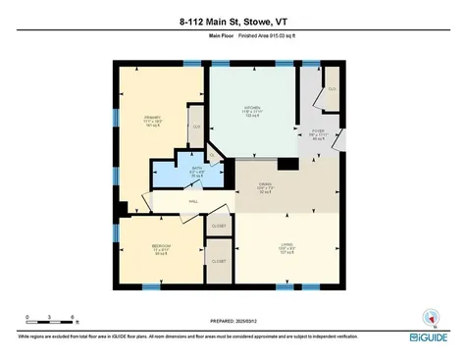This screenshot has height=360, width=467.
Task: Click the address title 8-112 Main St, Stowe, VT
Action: tap(233, 21)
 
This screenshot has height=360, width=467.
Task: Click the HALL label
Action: tap(182, 204)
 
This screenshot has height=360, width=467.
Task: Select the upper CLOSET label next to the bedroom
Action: tap(218, 227)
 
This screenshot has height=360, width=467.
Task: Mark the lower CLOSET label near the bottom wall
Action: tap(218, 261)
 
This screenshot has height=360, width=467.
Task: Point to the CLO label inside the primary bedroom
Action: tap(196, 128)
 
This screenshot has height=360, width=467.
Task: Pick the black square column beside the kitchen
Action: tap(288, 165)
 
